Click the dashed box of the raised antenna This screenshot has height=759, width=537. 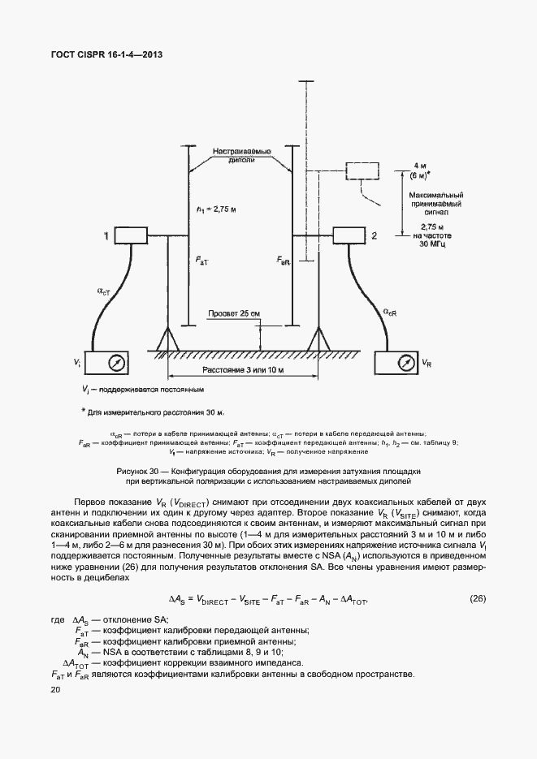coord(362,172)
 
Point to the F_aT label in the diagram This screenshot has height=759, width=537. coord(201,261)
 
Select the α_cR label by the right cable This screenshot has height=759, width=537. coord(388,308)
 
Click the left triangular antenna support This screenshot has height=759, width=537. coord(169,338)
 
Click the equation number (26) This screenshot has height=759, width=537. coord(478,599)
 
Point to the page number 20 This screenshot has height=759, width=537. coord(55,691)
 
